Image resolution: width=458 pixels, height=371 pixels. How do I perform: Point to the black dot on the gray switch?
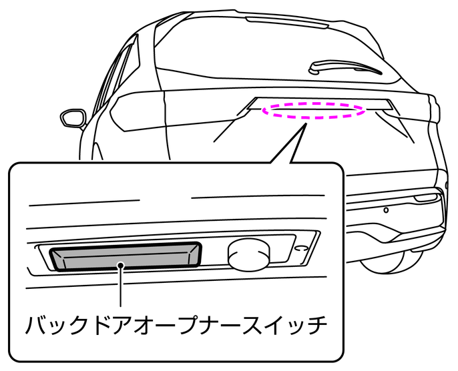point(121,266)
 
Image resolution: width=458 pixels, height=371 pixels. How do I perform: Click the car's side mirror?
point(73,118)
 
